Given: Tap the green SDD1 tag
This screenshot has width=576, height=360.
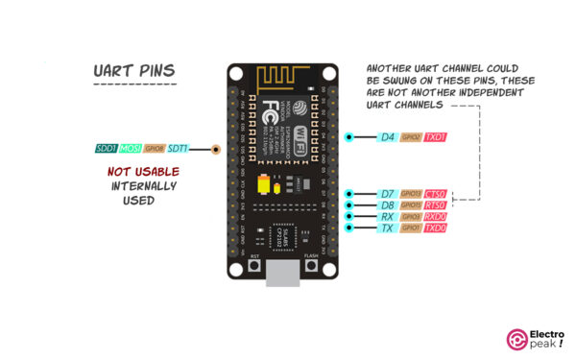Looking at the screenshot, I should [x=107, y=149].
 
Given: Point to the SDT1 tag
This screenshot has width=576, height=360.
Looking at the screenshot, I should [x=179, y=149].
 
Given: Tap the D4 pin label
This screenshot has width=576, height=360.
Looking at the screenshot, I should [x=387, y=137].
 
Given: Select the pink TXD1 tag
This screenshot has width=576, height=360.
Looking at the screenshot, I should [x=436, y=137].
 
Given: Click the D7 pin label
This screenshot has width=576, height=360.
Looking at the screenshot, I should [x=387, y=194].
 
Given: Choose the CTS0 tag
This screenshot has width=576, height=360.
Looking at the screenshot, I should [x=436, y=194].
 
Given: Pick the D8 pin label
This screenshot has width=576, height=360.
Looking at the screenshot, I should [x=387, y=205].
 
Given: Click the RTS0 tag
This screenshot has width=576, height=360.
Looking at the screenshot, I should [x=436, y=205].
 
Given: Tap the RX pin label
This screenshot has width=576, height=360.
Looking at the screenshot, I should [x=387, y=217].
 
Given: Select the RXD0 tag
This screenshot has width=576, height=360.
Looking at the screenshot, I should [x=436, y=217].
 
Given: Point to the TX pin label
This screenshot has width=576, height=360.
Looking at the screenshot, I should [x=387, y=228].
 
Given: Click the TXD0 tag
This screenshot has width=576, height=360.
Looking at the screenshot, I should [x=436, y=228].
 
